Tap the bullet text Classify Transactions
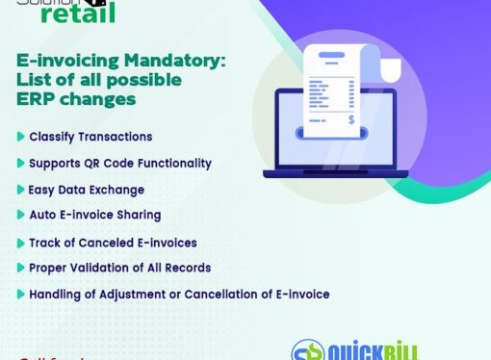coord(90,137)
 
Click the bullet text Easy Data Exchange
coord(86,190)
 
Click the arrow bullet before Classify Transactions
coord(21,137)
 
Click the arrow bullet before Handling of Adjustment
coord(21,294)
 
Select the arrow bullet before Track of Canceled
coord(21,242)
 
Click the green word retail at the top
coord(78,12)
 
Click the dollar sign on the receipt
coord(352,119)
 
